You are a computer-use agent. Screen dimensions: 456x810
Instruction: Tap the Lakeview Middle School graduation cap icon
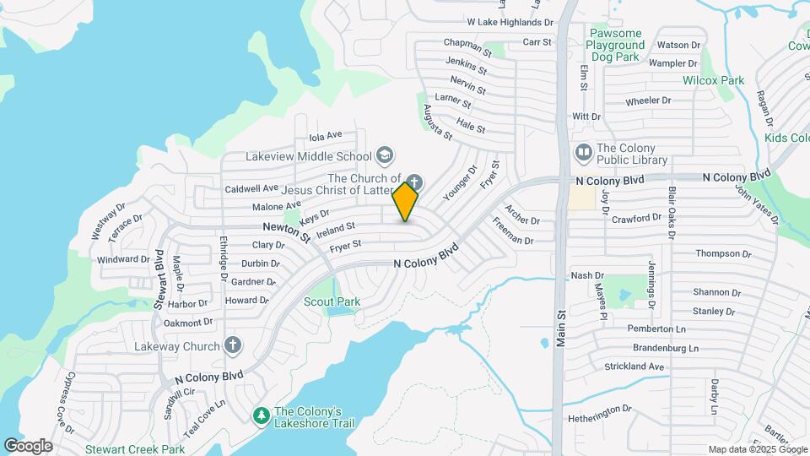pyautogui.click(x=385, y=155)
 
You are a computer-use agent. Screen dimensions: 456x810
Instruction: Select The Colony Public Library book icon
pyautogui.click(x=583, y=153)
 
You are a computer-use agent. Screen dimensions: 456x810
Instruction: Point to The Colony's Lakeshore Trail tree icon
pyautogui.click(x=262, y=415)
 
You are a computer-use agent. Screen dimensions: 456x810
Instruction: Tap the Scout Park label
pyautogui.click(x=332, y=301)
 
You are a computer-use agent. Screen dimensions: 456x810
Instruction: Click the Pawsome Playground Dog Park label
pyautogui.click(x=629, y=45)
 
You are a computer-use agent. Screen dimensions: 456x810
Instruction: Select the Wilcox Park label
pyautogui.click(x=713, y=80)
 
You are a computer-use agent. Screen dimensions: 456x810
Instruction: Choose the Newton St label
pyautogui.click(x=286, y=231)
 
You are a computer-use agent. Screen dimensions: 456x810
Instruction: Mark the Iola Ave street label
pyautogui.click(x=326, y=135)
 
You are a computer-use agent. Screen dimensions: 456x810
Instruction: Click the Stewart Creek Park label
pyautogui.click(x=135, y=449)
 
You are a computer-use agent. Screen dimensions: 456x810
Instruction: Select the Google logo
pyautogui.click(x=28, y=446)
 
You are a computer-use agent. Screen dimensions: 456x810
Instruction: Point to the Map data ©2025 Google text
pyautogui.click(x=757, y=449)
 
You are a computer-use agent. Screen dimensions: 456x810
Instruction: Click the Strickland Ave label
pyautogui.click(x=634, y=366)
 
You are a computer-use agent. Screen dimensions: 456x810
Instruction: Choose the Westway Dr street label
pyautogui.click(x=107, y=220)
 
